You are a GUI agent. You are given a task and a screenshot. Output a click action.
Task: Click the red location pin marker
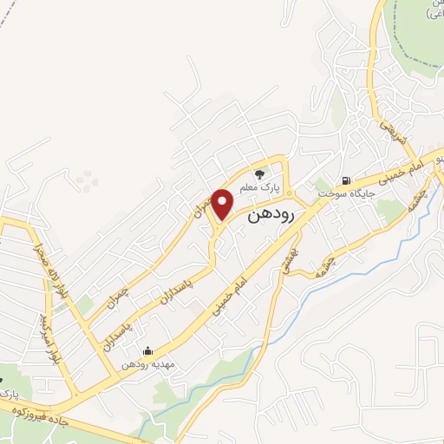[224, 204]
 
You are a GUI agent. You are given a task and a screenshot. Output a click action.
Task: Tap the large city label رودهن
[271, 214]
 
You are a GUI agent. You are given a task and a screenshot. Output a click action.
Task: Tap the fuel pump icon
[347, 181]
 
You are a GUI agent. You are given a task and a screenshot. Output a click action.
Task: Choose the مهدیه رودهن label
[148, 365]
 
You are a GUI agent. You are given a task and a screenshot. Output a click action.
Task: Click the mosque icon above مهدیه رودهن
[147, 351]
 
